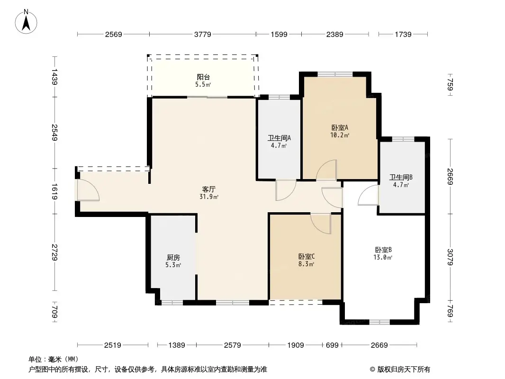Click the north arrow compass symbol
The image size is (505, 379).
tap(27, 21)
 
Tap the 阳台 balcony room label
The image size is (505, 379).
tap(203, 77)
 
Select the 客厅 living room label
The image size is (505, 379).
tap(209, 189)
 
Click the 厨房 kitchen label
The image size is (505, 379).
tap(173, 257)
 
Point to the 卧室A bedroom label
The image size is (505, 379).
tap(340, 127)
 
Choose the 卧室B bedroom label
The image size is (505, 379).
tap(383, 250)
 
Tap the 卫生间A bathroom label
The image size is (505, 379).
tap(279, 138)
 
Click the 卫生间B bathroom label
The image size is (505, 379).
tap(401, 177)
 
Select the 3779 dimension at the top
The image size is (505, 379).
tap(202, 34)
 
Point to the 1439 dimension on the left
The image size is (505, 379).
tap(55, 76)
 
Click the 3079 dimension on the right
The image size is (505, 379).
tap(451, 256)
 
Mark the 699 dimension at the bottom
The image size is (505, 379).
tap(332, 345)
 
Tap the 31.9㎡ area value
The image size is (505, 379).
tap(209, 197)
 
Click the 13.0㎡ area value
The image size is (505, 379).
tap(383, 258)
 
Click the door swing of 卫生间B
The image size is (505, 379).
tap(369, 196)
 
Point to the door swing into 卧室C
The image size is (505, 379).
tap(321, 223)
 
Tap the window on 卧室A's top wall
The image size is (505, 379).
tap(335, 73)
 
